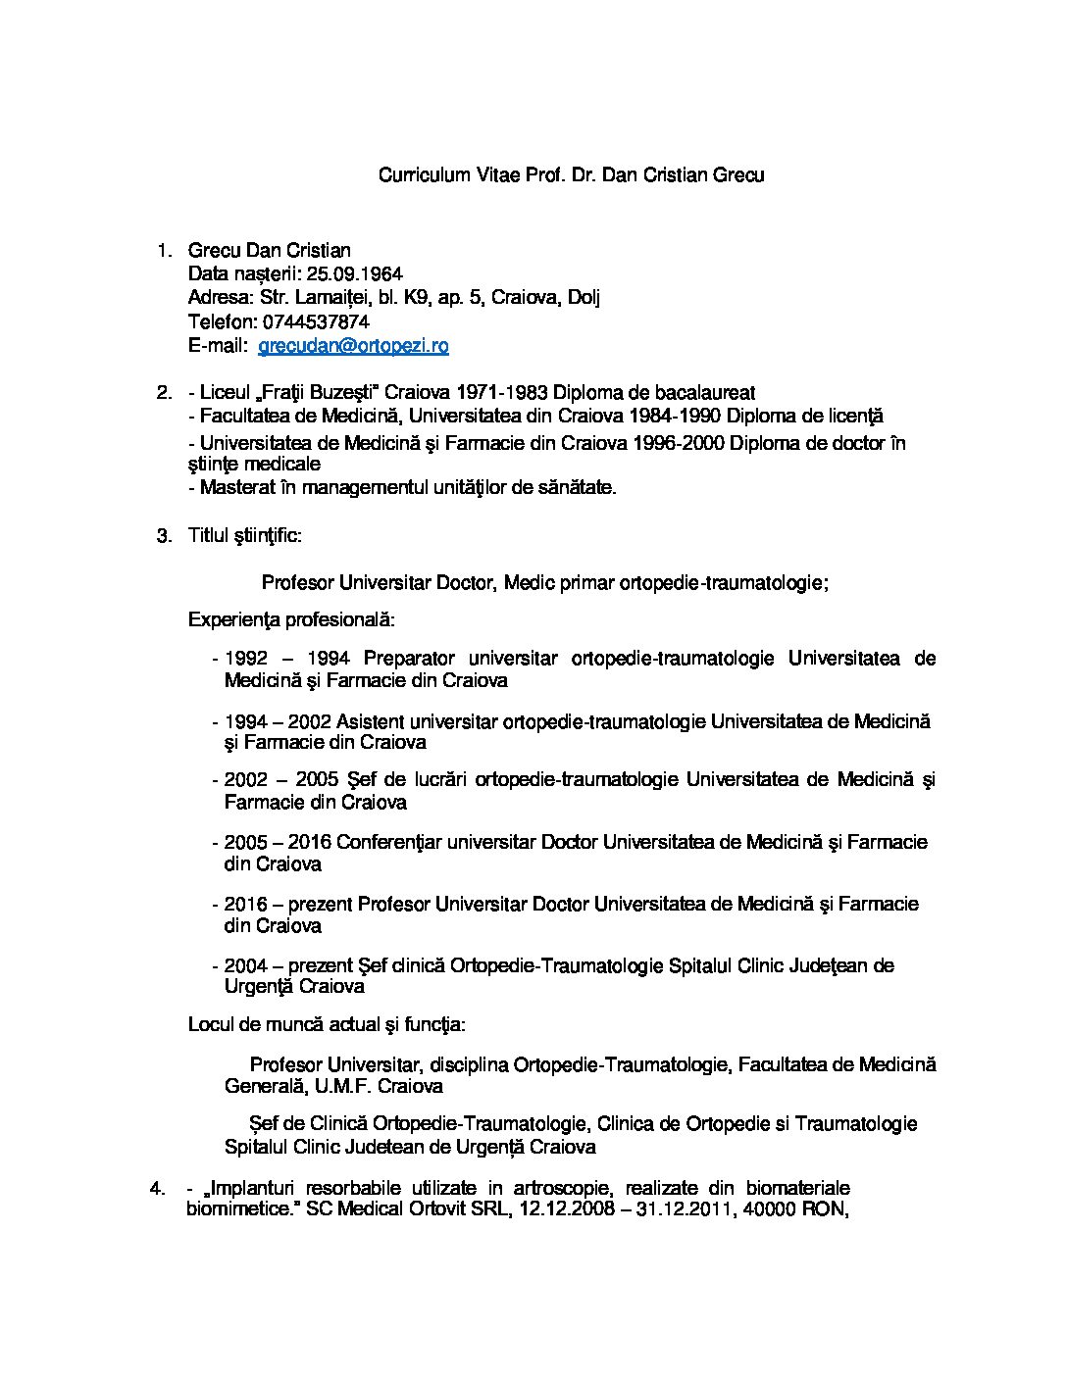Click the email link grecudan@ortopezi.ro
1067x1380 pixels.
353,346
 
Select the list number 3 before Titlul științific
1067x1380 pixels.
164,535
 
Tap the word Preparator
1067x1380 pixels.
409,659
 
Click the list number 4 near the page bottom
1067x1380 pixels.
156,1189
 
